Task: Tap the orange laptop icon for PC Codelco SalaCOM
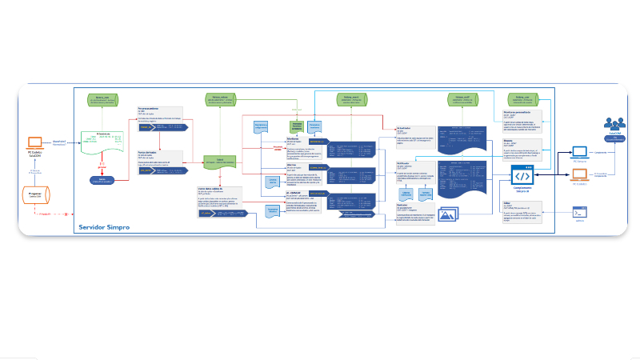34,143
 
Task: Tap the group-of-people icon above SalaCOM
614,124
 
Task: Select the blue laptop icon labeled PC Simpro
581,150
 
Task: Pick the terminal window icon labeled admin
581,212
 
